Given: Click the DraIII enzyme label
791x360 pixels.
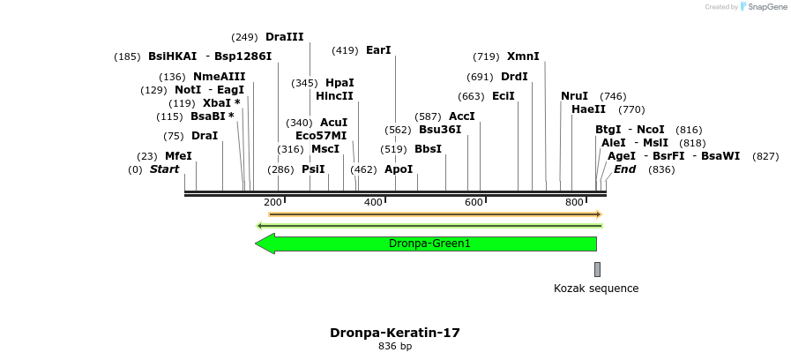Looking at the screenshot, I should tap(284, 37).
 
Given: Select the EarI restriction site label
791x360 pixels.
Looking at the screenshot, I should tap(378, 50).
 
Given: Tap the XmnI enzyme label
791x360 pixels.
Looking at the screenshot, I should tap(523, 56).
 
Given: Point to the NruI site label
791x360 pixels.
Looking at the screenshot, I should tap(574, 96).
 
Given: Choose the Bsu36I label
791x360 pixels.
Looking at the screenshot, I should tap(440, 129).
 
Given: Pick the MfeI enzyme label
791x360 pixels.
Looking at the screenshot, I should tap(178, 156).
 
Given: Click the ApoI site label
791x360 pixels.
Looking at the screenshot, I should tap(399, 169).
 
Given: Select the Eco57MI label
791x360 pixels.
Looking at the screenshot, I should tap(321, 135).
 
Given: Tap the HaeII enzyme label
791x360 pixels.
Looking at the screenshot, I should tap(588, 109).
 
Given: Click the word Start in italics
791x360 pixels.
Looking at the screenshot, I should tap(164, 169).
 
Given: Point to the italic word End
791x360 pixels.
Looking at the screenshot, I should tap(624, 169).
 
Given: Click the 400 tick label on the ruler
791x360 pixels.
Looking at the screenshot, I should tap(373, 203).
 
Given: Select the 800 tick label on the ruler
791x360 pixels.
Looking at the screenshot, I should tap(574, 203).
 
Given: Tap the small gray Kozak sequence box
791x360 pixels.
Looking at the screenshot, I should tap(597, 269).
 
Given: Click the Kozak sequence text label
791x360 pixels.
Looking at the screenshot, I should tap(596, 289).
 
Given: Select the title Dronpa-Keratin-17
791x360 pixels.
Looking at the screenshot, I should tap(395, 333).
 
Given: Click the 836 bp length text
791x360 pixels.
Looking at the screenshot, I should tap(395, 347).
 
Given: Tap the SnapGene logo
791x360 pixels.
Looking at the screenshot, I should tap(764, 7).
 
